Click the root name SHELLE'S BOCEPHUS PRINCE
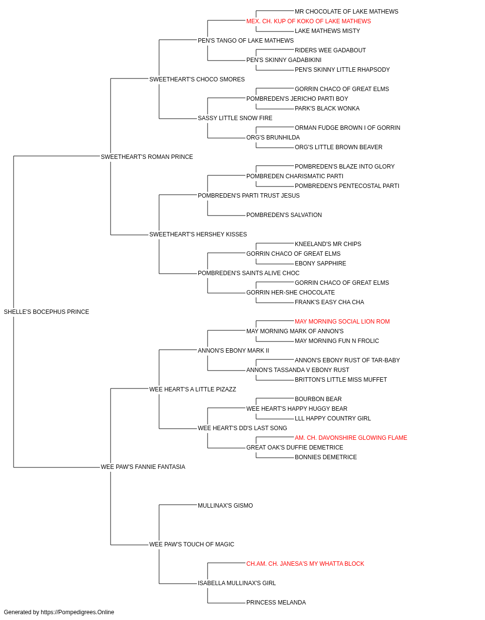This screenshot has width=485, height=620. (x=46, y=312)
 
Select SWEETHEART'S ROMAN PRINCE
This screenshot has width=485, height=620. (x=147, y=156)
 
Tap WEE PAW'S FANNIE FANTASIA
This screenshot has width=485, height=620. (x=143, y=467)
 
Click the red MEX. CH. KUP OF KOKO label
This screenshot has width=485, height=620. (x=308, y=21)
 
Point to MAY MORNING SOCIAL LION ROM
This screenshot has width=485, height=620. (x=342, y=322)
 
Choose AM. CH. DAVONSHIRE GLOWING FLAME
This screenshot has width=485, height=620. (x=351, y=438)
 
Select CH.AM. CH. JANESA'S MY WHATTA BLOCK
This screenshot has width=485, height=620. (x=305, y=564)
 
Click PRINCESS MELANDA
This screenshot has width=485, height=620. (x=276, y=603)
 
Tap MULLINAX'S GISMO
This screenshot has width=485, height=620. (x=225, y=506)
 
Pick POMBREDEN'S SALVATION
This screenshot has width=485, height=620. (x=284, y=215)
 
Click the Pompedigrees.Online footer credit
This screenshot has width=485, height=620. (x=59, y=612)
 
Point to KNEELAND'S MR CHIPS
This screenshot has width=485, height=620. (x=328, y=244)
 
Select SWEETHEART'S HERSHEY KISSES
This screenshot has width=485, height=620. (x=198, y=234)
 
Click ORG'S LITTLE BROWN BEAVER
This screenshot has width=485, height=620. (x=339, y=147)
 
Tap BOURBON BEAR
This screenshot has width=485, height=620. (x=318, y=399)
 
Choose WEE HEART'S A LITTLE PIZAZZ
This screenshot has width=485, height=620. (x=193, y=389)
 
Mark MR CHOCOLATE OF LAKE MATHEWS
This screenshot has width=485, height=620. (x=346, y=12)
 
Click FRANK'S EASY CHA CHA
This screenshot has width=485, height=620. (x=329, y=302)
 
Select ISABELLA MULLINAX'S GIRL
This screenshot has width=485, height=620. (x=237, y=583)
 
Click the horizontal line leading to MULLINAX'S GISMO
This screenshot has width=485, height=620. (x=178, y=505)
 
